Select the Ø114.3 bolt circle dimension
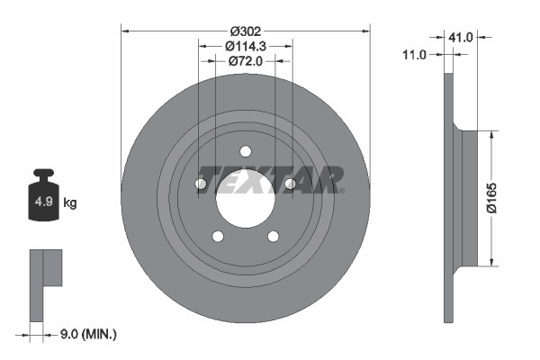coord(245,45)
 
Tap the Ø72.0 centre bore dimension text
coord(245,61)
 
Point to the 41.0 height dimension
coord(461,37)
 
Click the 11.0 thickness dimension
coord(414,55)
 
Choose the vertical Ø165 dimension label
coord(507,197)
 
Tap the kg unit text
coord(70,203)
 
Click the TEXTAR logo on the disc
coord(269,180)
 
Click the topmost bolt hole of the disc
coord(246,150)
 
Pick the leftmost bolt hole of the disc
coord(201,184)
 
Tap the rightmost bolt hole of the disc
coord(290,184)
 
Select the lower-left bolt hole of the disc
coord(218,237)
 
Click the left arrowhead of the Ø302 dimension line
coord(125,30)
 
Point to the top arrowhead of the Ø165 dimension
coord(491,135)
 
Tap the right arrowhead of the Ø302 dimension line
coord(365,30)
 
